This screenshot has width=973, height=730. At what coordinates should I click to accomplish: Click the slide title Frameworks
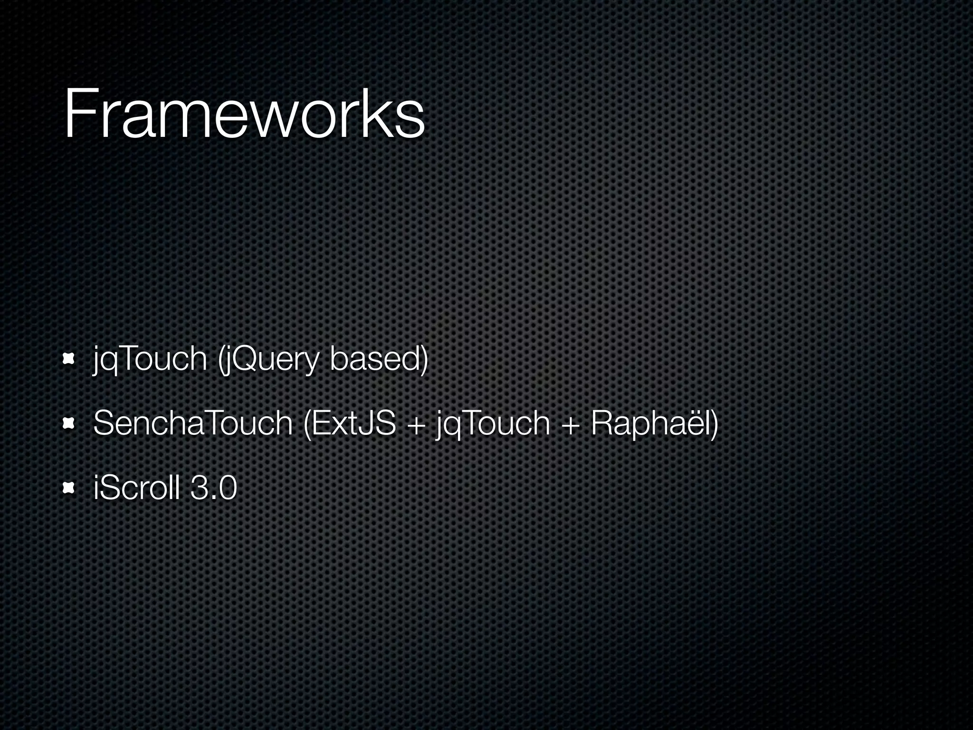point(244,114)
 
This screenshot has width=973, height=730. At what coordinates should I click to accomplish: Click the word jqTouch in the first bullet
point(150,359)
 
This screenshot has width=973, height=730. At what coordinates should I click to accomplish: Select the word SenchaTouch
point(193,423)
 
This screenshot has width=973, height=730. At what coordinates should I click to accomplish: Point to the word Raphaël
point(651,423)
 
